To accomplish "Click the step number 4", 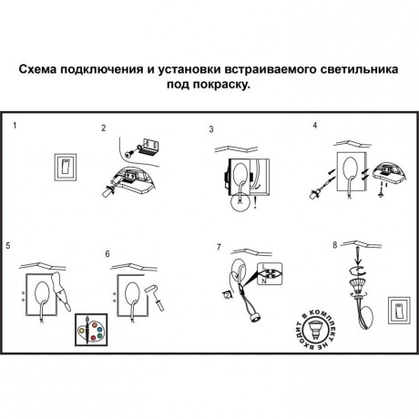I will pyautogui.click(x=315, y=125).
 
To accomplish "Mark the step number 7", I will pyautogui.click(x=219, y=247).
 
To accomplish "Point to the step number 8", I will pyautogui.click(x=334, y=245).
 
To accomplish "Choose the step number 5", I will pyautogui.click(x=8, y=246).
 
